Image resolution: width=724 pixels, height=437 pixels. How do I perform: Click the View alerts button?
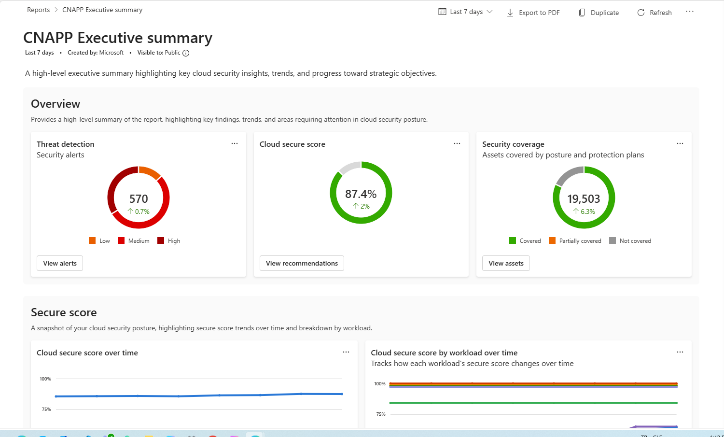point(60,263)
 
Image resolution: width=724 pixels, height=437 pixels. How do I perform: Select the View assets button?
point(506,263)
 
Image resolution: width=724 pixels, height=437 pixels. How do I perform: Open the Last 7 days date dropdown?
point(465,12)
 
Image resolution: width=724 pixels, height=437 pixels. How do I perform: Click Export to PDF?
point(533,13)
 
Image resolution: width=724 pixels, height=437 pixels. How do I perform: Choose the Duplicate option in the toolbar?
point(599,13)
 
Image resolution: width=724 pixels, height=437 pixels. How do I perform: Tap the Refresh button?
point(654,13)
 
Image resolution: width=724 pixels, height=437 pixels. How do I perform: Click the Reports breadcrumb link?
point(39,10)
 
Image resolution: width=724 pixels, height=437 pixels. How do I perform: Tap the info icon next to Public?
point(186,53)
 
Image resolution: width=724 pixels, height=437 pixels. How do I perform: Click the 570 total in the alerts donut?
point(139,198)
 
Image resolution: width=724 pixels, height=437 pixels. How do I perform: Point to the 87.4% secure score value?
point(361,194)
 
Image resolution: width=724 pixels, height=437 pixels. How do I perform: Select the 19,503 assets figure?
point(584,198)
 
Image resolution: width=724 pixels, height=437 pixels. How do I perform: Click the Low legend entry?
point(99,240)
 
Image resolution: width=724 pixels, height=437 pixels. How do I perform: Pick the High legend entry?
point(169,240)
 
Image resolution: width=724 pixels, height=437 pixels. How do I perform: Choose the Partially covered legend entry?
point(575,240)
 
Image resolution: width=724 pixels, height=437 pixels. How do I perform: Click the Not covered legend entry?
point(630,240)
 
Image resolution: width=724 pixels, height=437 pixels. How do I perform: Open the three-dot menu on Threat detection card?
point(235,143)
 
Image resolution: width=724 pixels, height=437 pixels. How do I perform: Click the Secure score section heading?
point(64,312)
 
